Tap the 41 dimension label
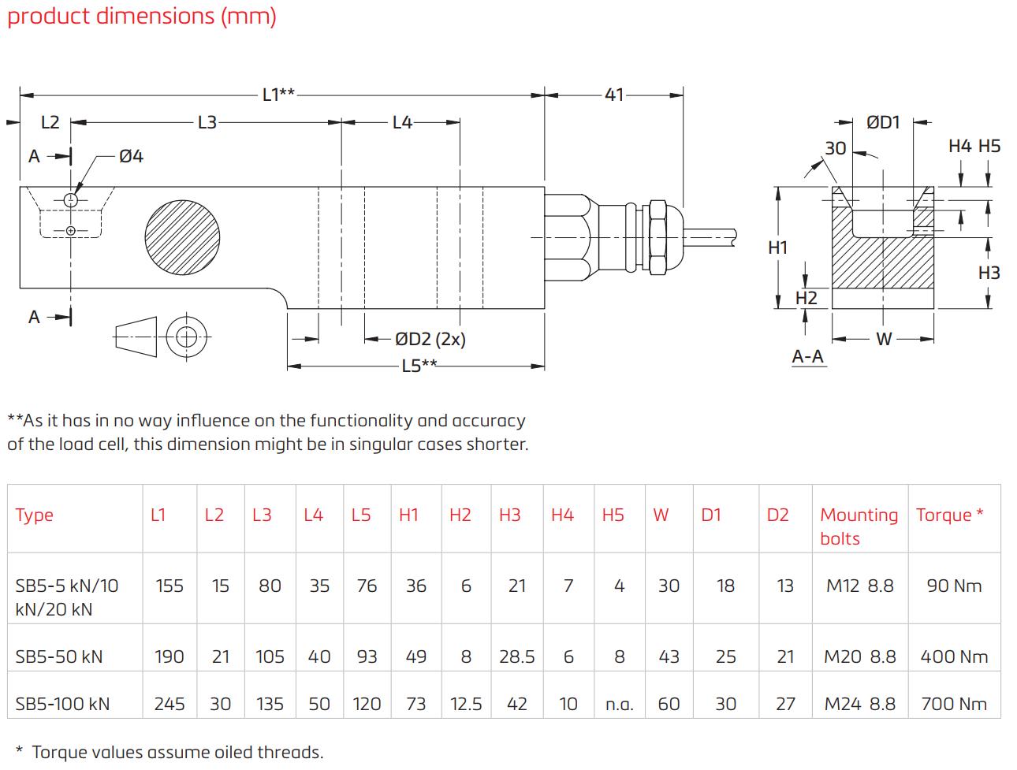(614, 95)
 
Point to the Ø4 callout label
(131, 156)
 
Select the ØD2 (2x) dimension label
(430, 339)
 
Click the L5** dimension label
(419, 366)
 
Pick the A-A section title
(807, 356)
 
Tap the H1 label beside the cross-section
(778, 247)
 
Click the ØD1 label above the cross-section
(883, 123)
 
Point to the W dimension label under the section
(884, 339)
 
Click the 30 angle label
(835, 148)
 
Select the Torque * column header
(949, 515)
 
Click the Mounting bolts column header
(859, 526)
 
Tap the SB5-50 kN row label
(59, 657)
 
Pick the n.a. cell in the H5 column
(619, 705)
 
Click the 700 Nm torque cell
(954, 704)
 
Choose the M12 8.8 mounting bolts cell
(859, 586)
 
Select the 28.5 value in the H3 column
(516, 657)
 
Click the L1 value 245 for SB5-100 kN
(169, 704)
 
